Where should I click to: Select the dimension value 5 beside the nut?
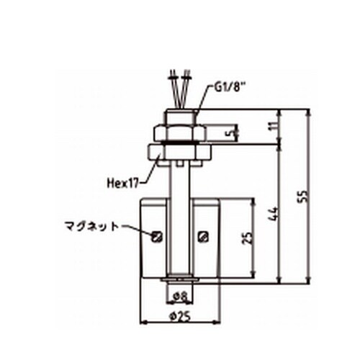(x=230, y=133)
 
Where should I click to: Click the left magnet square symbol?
(x=157, y=235)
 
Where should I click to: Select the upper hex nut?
(x=179, y=131)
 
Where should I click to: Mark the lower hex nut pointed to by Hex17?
(x=179, y=153)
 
